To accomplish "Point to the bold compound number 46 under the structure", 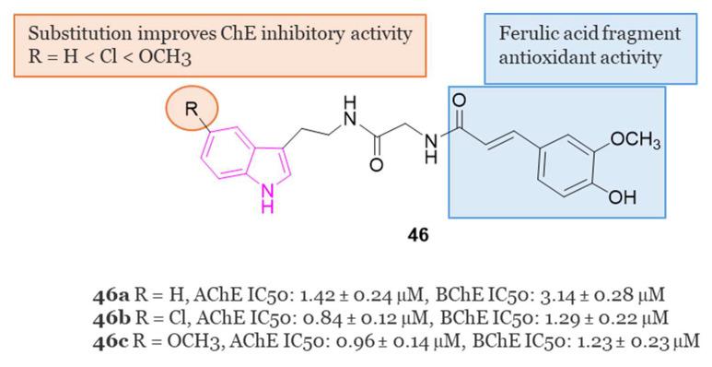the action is (418, 234).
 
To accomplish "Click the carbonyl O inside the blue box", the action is (461, 99).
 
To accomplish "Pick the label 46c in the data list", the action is (104, 340).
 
